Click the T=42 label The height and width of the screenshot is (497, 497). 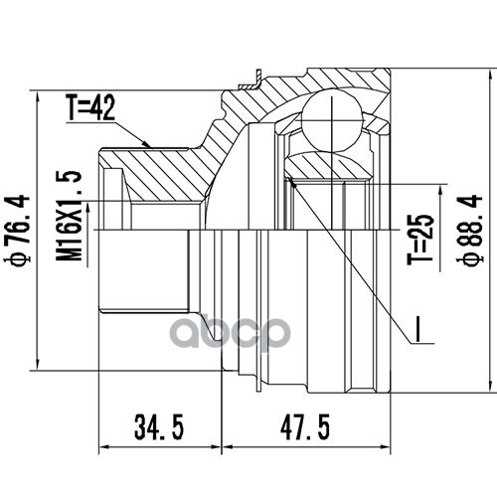[90, 107]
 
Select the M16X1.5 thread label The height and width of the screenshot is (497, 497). [69, 216]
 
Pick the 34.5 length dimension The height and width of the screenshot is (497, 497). [159, 427]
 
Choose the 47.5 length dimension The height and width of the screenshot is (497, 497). [305, 427]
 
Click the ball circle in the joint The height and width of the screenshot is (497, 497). [331, 121]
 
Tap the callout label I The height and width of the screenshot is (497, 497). [417, 329]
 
